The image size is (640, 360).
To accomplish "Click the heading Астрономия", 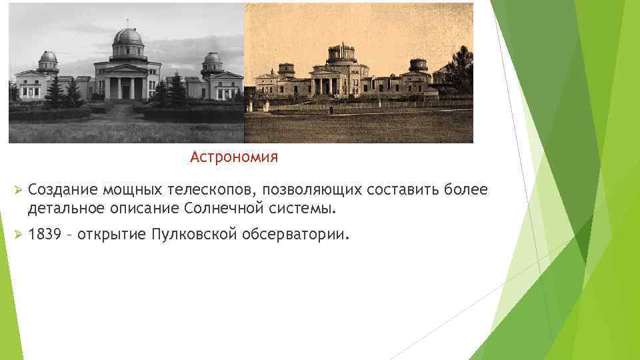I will click(x=233, y=157).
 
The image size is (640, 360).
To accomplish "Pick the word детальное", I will click(x=64, y=209).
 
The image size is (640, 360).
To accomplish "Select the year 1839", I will click(x=45, y=235).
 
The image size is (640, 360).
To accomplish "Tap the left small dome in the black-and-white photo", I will click(x=48, y=59).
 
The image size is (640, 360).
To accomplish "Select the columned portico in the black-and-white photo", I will click(x=127, y=85).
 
